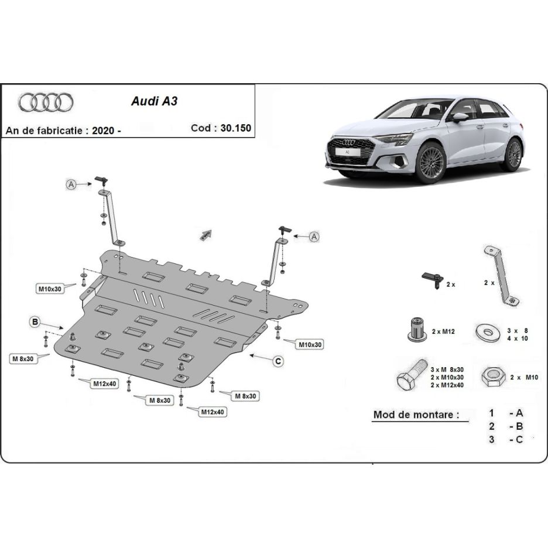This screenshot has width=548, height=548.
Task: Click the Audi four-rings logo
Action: point(46,103)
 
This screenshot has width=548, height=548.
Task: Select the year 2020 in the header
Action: point(103,131)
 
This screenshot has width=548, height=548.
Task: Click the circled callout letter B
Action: point(35,321)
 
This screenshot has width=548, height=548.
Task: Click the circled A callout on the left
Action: point(70,184)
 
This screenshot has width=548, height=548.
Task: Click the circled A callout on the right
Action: point(314,237)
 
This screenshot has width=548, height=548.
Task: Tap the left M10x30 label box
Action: point(50,288)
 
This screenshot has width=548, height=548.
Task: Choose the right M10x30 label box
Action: point(310,345)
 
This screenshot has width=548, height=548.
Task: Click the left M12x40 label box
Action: point(103,383)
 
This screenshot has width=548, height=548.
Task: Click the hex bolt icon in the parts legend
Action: point(407,376)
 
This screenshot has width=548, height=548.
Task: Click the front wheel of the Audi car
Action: point(431,163)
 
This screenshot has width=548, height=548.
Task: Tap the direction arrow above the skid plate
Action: point(205,235)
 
